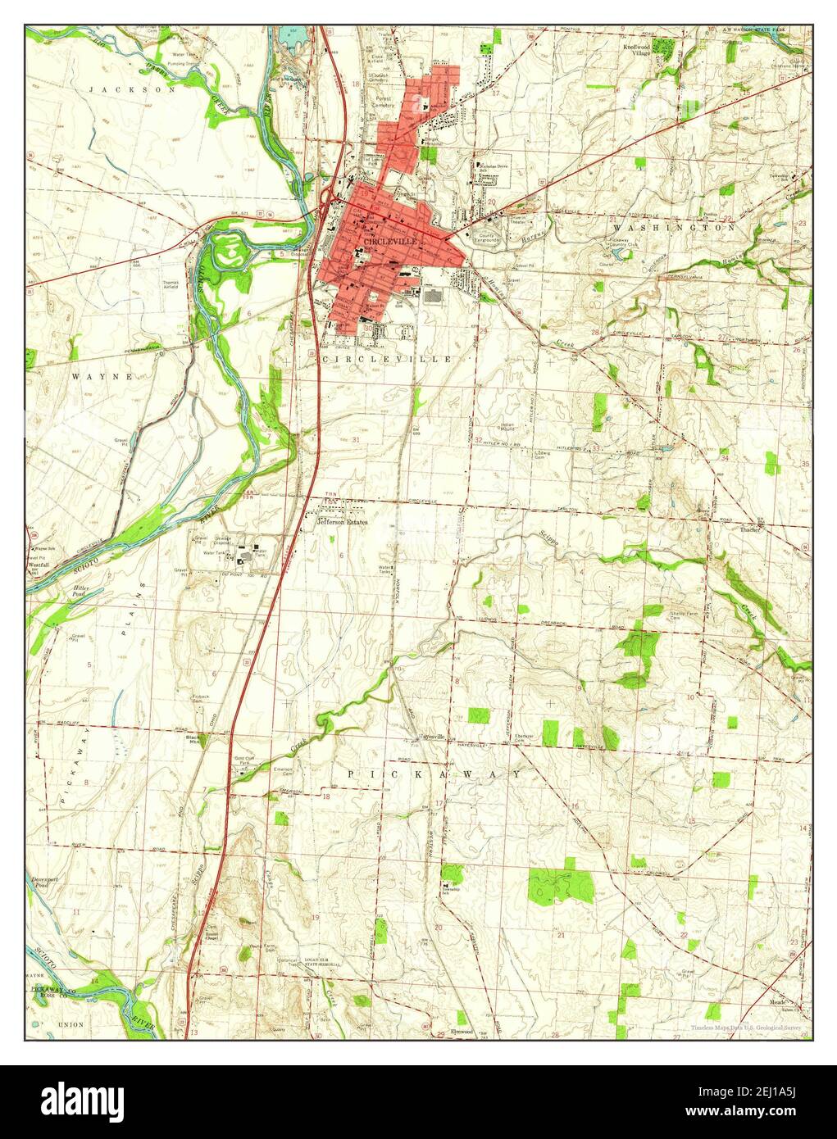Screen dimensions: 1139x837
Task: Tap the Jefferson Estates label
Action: pyautogui.click(x=343, y=522)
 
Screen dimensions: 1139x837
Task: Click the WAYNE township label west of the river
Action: pyautogui.click(x=102, y=376)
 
